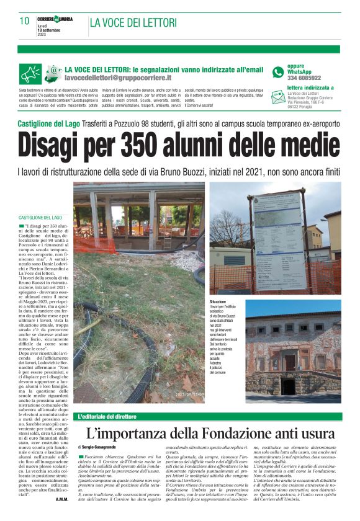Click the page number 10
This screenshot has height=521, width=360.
[25, 20]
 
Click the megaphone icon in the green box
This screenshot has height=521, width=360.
[30, 74]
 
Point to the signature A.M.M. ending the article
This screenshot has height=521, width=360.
[61, 499]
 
